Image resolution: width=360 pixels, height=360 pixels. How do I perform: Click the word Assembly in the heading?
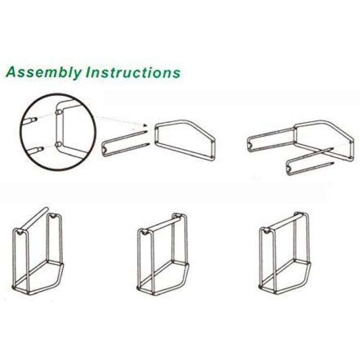(44, 72)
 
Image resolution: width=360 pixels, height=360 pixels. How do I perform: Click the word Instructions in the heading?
(133, 72)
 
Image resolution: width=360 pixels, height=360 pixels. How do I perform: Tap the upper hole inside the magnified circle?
(59, 113)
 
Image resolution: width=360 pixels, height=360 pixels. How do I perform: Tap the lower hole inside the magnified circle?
(59, 144)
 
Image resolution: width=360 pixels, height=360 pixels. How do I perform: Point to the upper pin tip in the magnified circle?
(36, 119)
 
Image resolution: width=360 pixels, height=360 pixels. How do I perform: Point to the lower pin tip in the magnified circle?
(42, 149)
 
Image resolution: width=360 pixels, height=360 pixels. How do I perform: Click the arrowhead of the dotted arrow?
(145, 125)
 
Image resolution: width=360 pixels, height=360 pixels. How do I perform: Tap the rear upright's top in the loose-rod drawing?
(54, 216)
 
